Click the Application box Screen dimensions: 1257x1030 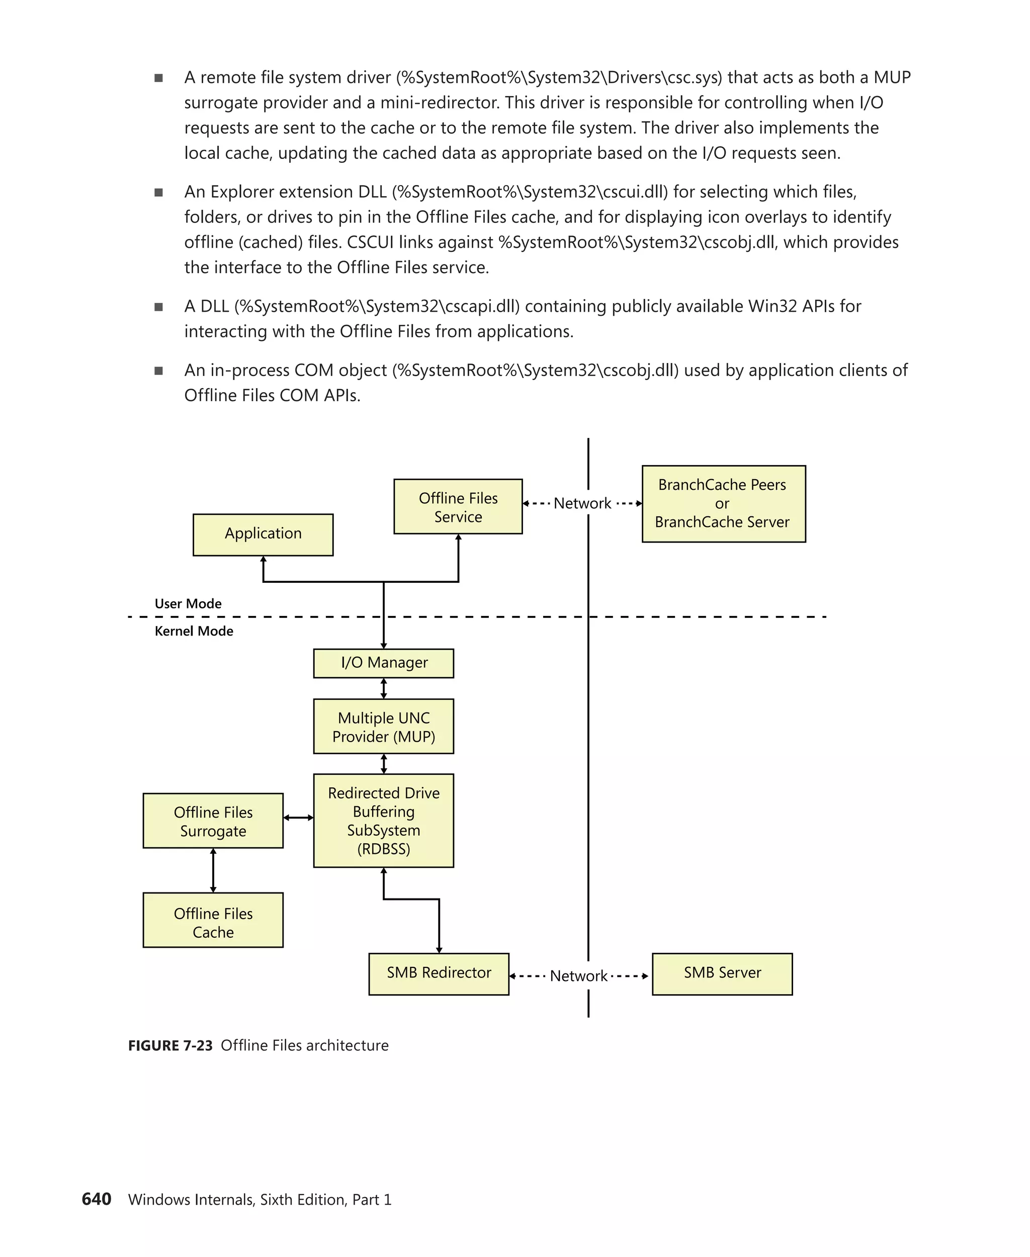263,534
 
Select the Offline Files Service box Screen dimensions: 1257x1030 458,507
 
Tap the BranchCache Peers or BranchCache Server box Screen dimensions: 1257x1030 723,504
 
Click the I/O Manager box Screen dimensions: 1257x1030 383,663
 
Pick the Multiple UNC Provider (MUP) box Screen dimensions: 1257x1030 383,726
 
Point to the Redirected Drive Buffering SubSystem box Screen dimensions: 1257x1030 383,821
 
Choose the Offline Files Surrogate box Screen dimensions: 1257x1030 213,821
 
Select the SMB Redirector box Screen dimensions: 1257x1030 439,973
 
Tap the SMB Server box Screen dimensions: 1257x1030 722,973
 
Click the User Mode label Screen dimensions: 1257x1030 188,603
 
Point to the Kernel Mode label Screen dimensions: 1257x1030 194,631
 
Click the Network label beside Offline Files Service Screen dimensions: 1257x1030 582,504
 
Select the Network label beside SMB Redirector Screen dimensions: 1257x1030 578,976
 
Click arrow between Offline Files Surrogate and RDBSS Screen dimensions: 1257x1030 298,818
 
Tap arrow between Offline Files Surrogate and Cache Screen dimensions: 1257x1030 213,870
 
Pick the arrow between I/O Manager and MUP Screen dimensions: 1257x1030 383,688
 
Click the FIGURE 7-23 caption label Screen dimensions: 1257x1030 170,1046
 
